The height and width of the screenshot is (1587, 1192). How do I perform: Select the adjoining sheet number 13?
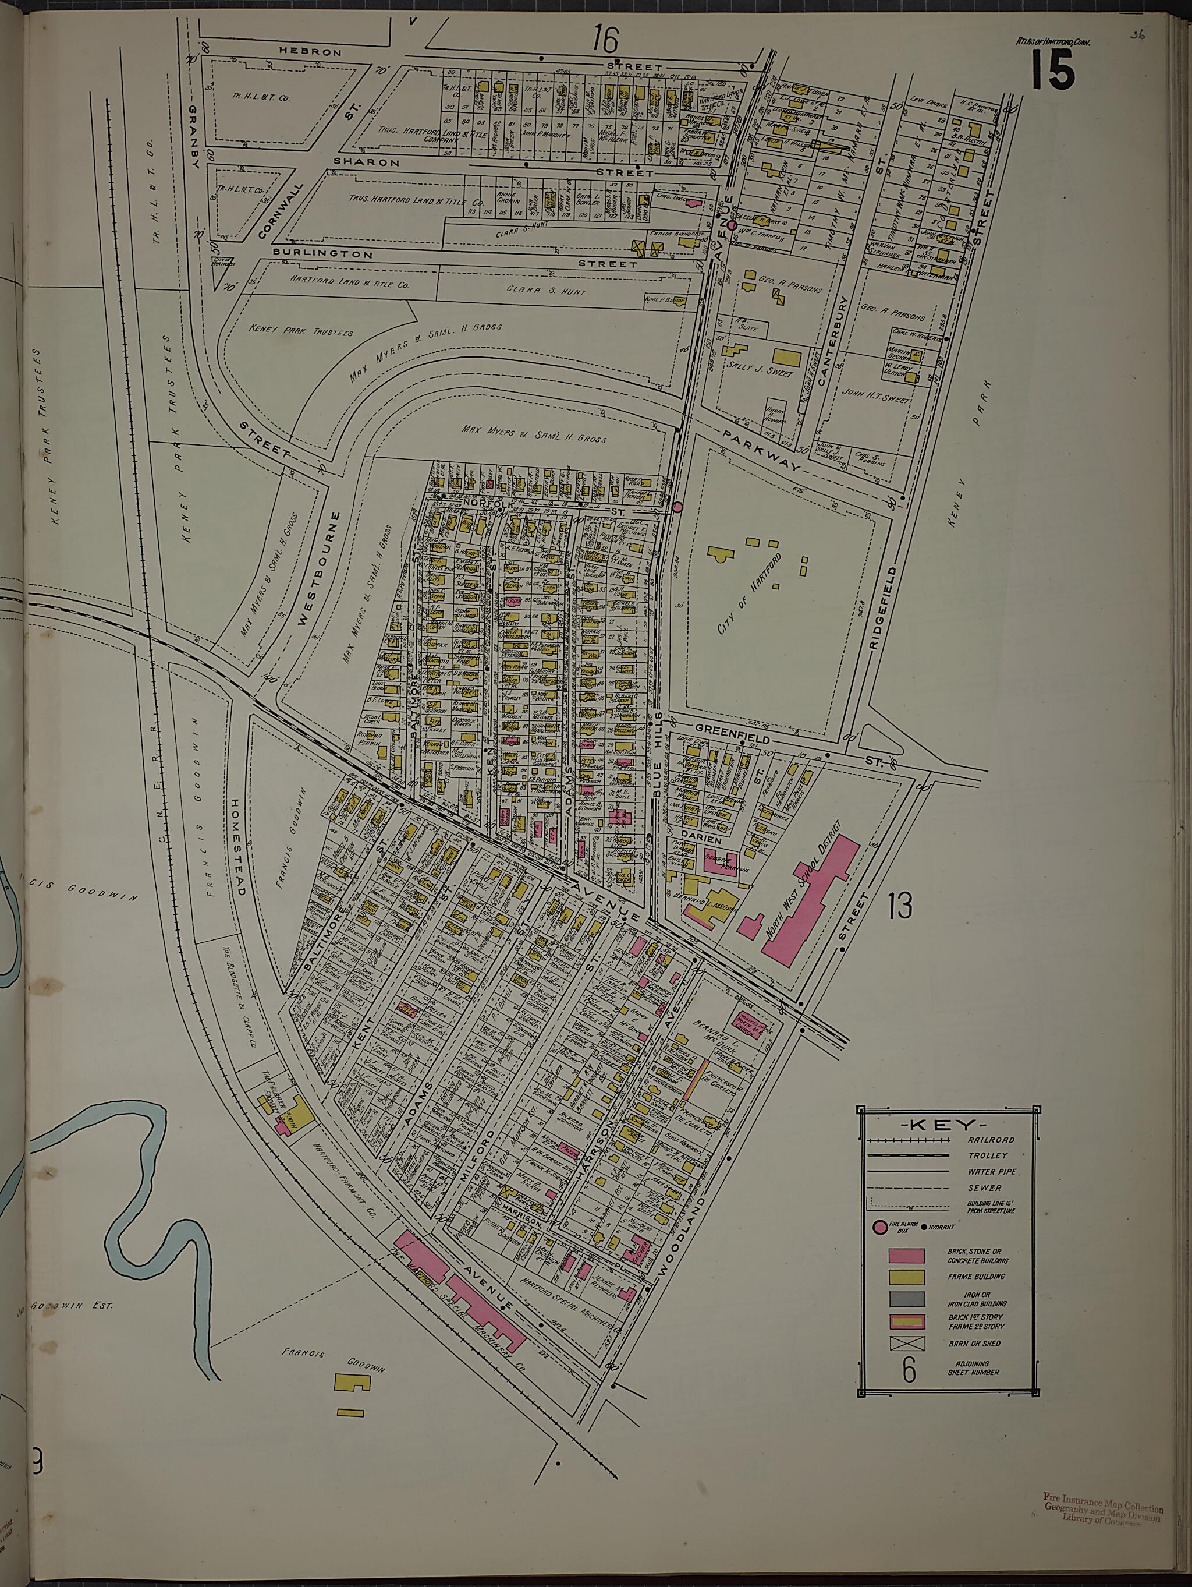coord(899,906)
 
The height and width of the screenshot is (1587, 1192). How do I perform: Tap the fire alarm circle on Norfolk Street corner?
coord(677,507)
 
